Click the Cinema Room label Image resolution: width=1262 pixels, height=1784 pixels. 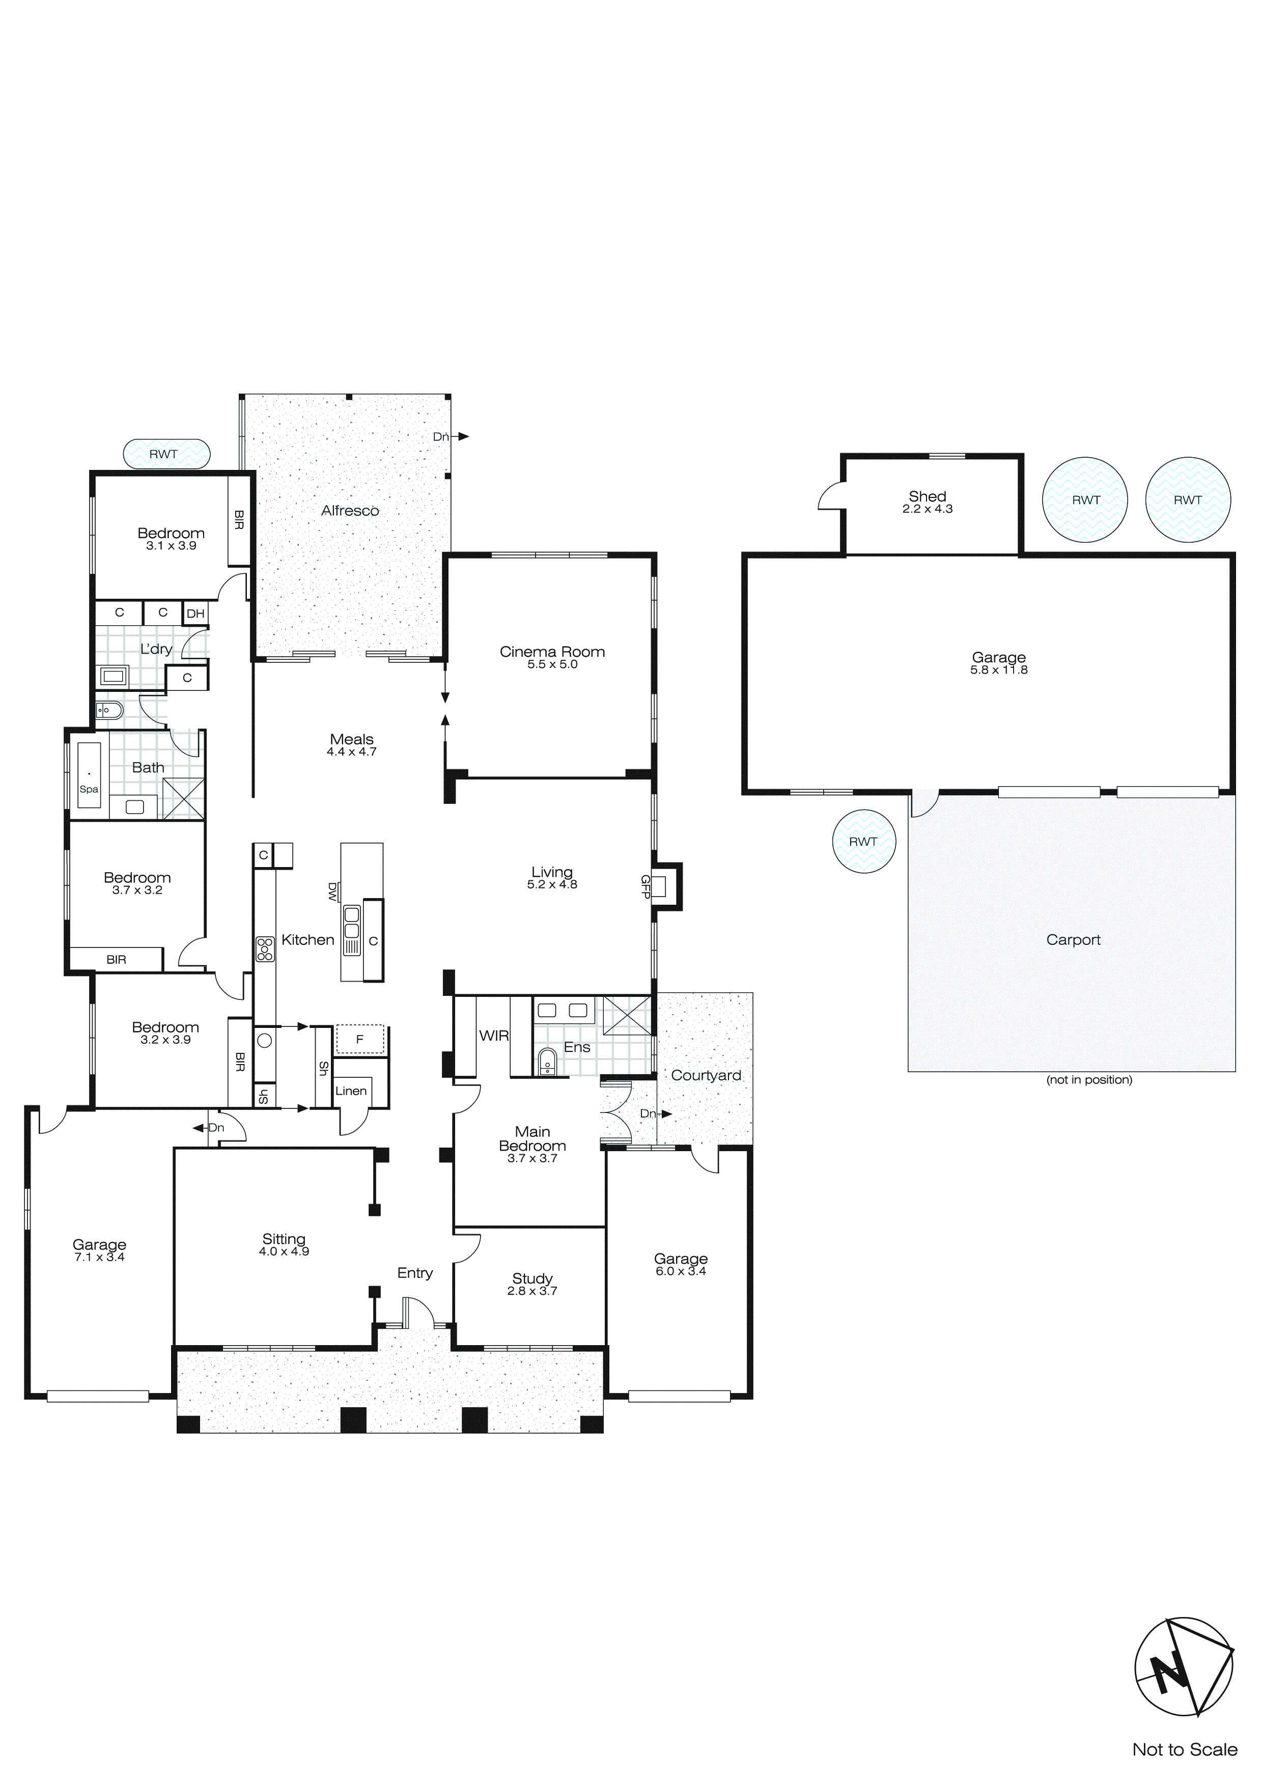pos(552,651)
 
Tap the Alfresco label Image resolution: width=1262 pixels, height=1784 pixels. pos(350,511)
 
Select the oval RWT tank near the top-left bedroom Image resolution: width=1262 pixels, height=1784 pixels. pos(166,454)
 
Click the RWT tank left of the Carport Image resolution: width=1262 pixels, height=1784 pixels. pos(863,842)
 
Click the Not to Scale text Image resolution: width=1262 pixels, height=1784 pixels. pos(1184,1749)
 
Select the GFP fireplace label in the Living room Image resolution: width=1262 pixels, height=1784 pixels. pos(645,886)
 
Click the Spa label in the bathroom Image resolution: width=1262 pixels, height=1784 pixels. pos(89,790)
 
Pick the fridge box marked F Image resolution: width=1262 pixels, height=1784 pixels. pos(360,1039)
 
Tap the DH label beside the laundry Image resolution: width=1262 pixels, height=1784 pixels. pos(196,614)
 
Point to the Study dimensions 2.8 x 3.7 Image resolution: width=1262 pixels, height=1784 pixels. pos(532,1291)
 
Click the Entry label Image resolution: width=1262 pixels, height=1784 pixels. pos(415,1273)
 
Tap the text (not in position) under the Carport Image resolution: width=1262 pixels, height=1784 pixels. pos(1089,1079)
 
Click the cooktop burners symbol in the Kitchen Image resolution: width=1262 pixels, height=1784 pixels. pos(265,949)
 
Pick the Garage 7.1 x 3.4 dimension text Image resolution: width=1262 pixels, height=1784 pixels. pos(99,1257)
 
